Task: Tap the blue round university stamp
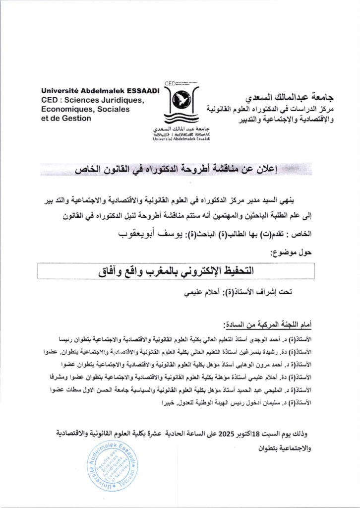pos(112,465)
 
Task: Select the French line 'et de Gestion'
pos(67,118)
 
